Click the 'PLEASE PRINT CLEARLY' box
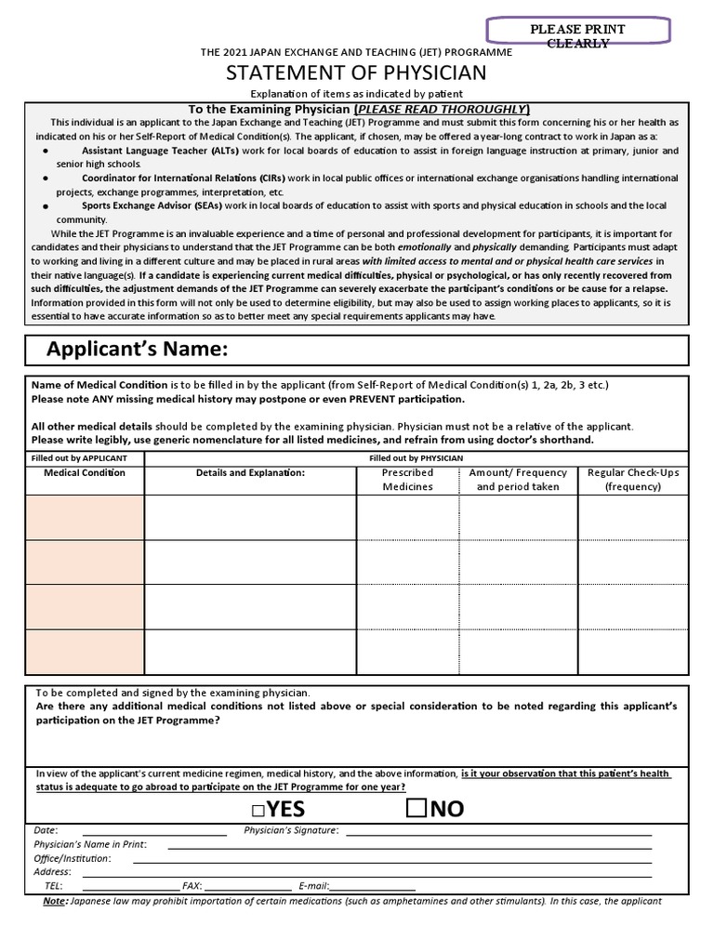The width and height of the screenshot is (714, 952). coord(577,36)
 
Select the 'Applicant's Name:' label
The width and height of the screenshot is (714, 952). coord(137,350)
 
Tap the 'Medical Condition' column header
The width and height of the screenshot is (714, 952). coord(85,473)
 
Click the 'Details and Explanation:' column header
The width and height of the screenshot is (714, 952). coord(250,473)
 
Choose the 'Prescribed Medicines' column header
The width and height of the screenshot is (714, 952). coord(407,480)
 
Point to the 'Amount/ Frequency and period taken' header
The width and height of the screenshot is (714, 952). coord(518,480)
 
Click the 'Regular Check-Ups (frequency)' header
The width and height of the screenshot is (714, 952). coord(633,480)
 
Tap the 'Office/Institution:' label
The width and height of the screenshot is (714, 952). coord(73,858)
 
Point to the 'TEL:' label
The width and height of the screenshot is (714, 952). coord(53,886)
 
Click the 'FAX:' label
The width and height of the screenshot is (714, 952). coord(192,886)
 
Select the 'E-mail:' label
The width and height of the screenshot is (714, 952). coord(313,886)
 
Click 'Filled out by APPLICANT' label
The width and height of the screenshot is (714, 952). coord(86,458)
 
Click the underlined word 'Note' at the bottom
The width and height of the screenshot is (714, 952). coord(55,901)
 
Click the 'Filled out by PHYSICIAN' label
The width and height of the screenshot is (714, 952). coord(416,458)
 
